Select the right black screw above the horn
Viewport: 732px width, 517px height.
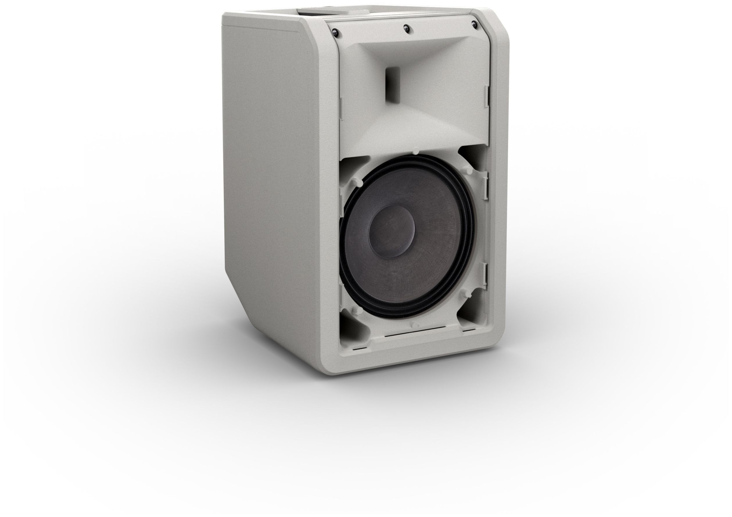pyautogui.click(x=474, y=24)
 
